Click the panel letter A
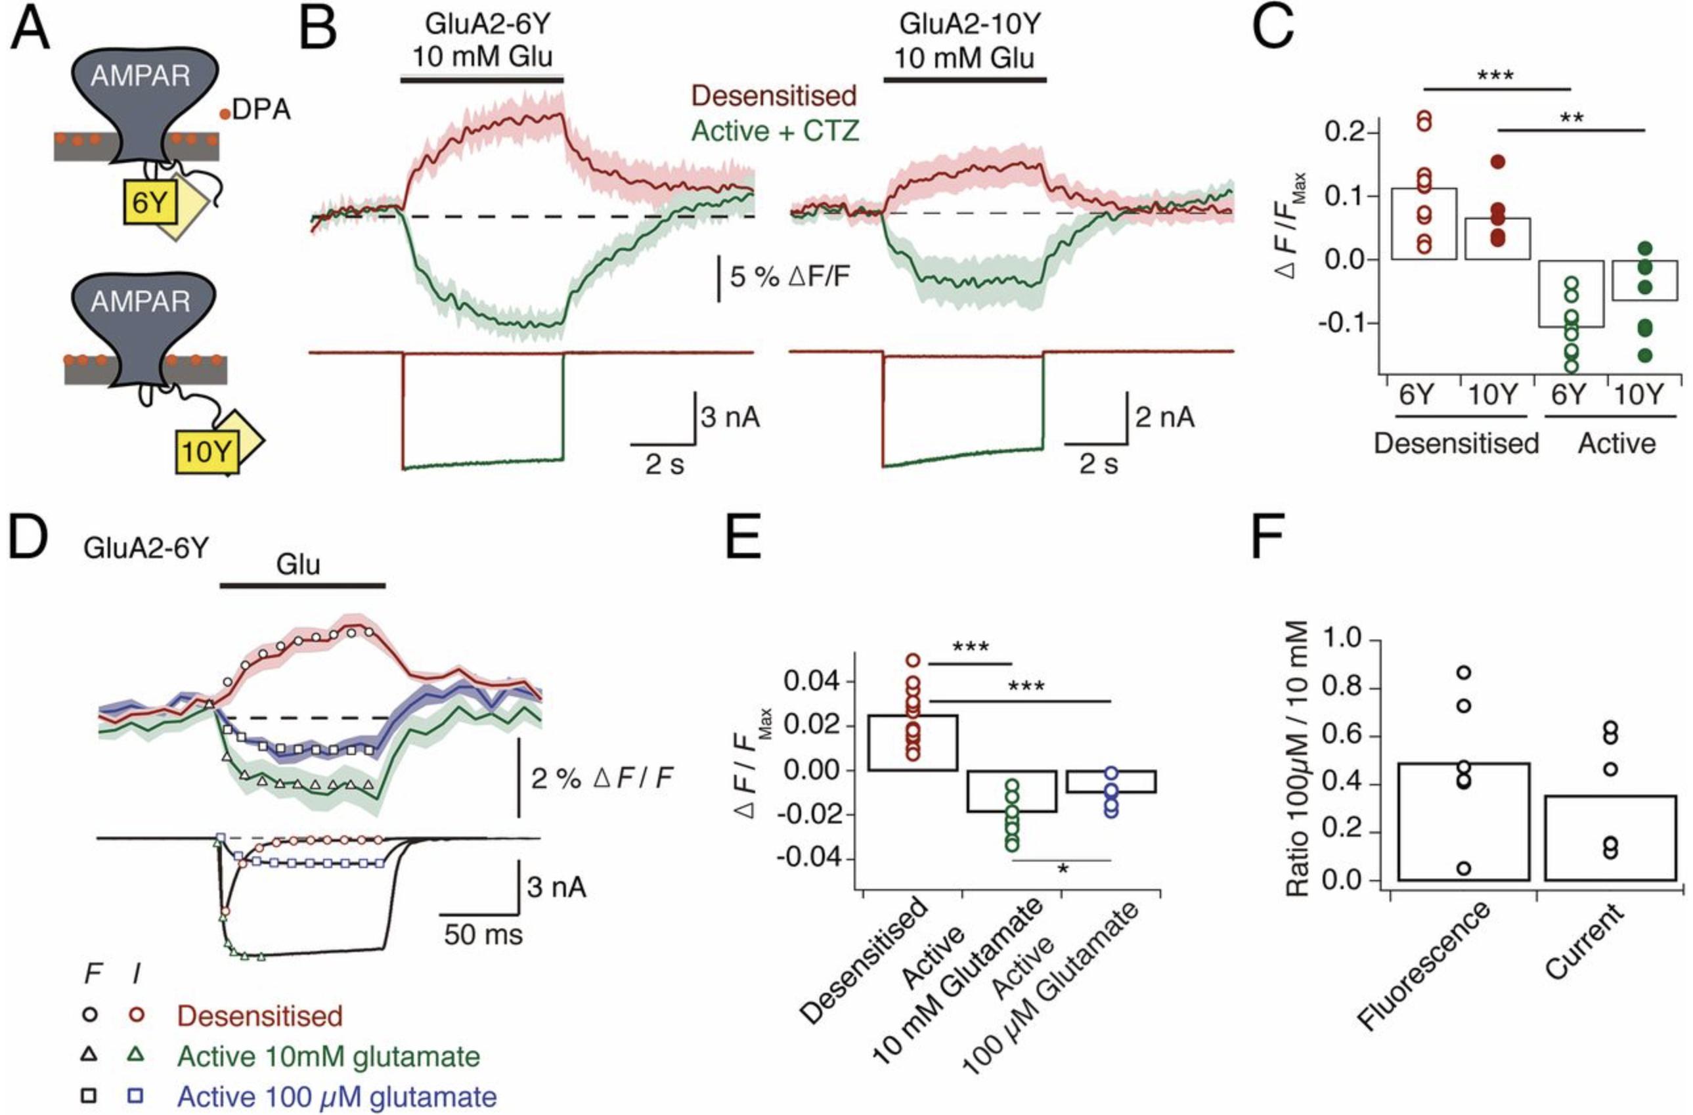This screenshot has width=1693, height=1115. [30, 30]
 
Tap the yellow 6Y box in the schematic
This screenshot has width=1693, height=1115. [148, 204]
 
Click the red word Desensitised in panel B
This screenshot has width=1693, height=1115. [774, 96]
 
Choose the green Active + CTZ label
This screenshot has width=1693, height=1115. [776, 131]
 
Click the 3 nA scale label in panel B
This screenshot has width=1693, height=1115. [730, 417]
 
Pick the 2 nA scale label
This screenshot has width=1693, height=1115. [1164, 417]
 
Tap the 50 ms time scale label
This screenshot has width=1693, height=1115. [484, 934]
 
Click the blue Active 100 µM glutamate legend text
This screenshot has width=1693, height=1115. [336, 1096]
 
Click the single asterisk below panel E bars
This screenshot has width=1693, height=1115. [1063, 869]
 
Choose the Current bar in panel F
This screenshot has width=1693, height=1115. [1610, 838]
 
